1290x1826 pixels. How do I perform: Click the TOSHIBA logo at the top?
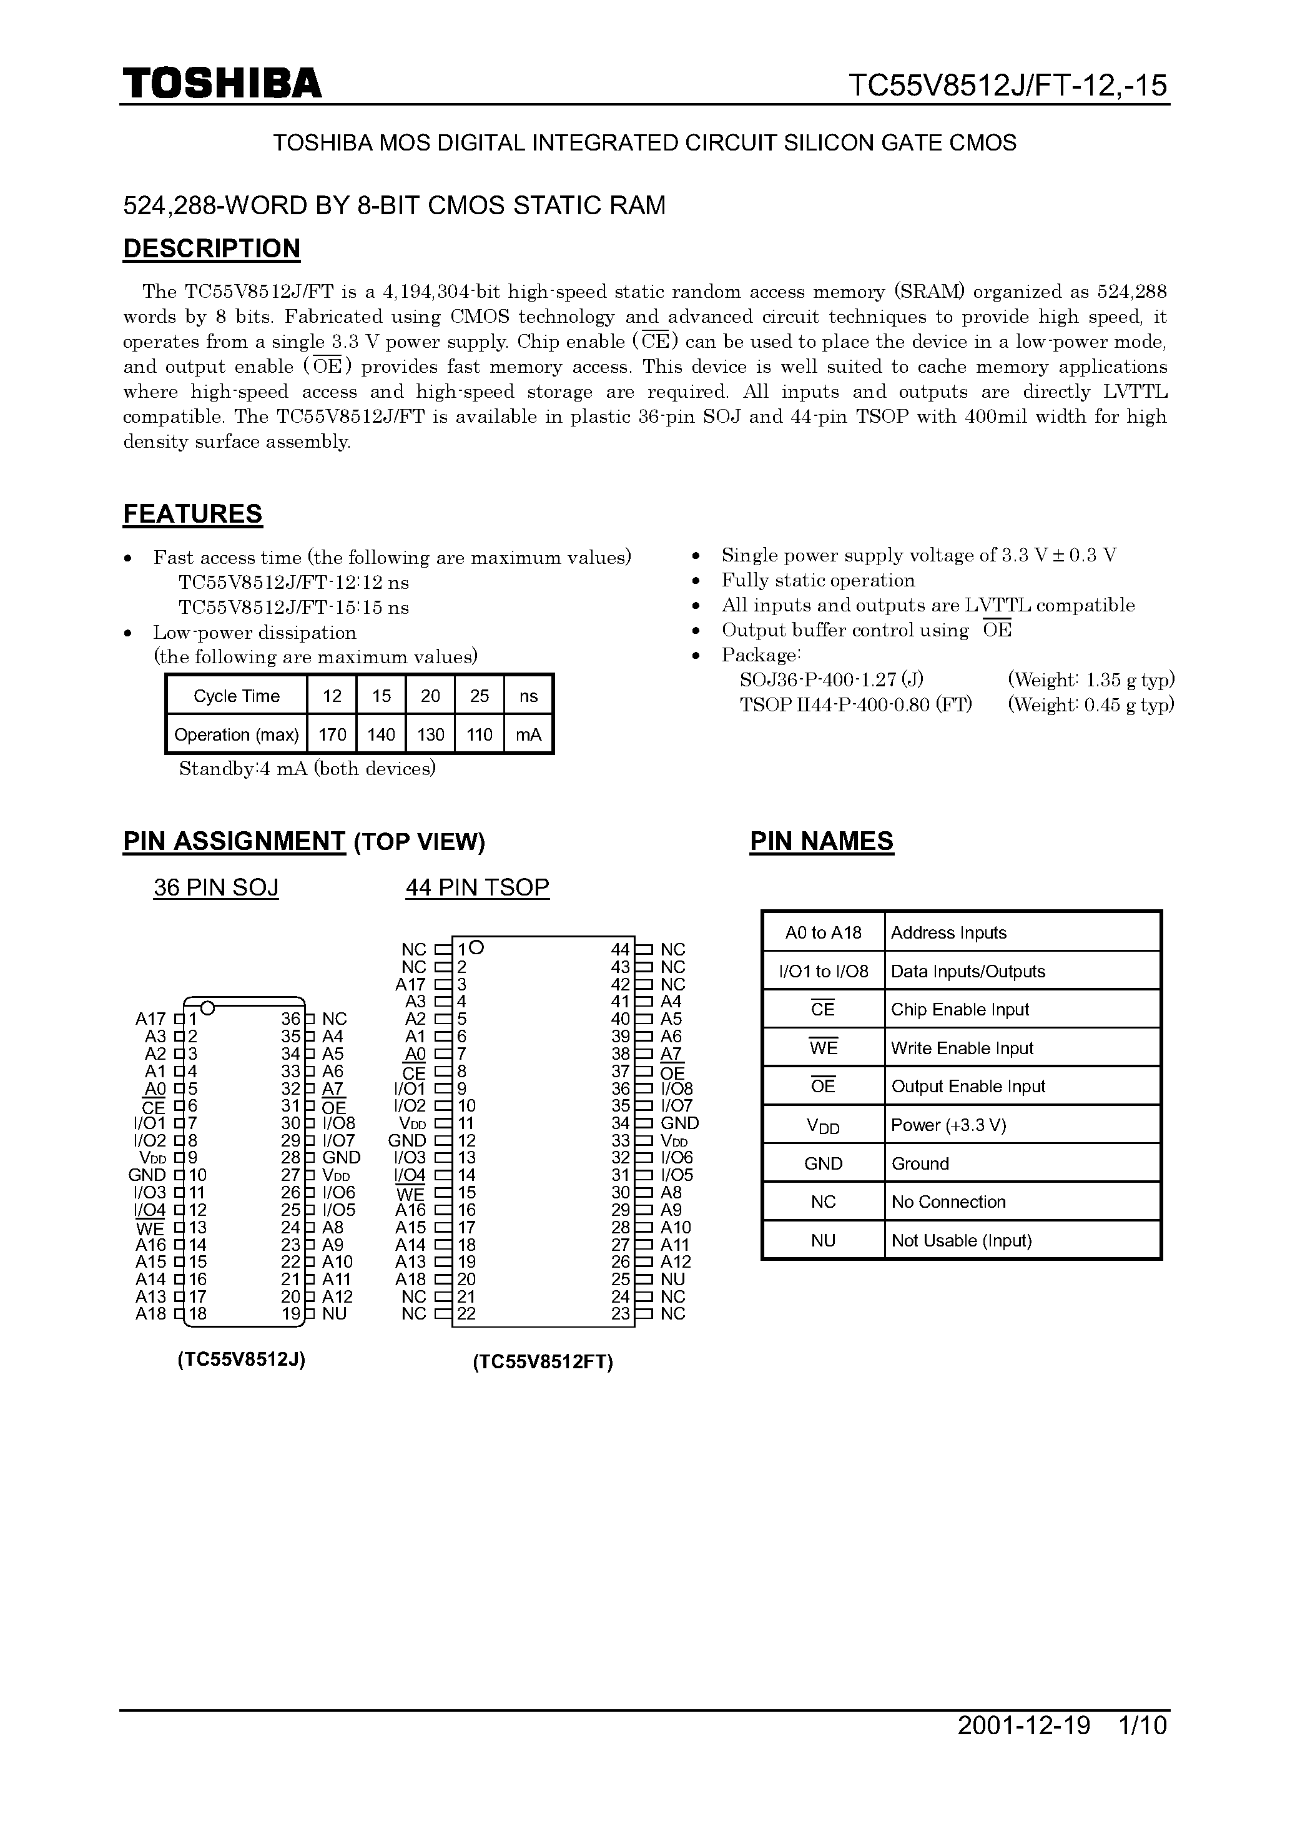point(222,82)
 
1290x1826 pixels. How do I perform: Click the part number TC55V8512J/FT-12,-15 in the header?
point(1007,85)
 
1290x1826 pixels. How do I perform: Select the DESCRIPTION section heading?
point(212,249)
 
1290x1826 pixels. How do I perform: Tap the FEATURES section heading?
point(192,515)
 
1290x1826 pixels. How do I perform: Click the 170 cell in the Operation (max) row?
point(332,735)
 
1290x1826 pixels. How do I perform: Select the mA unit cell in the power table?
point(528,735)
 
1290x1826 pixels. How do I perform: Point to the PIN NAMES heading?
point(822,841)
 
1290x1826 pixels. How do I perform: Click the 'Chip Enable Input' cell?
point(959,1009)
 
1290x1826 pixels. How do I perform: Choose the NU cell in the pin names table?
point(823,1241)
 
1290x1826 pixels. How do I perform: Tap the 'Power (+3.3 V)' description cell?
point(948,1125)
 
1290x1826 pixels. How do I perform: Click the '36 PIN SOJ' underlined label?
point(215,887)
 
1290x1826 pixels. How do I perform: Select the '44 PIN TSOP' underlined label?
point(477,887)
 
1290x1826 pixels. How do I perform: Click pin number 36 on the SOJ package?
point(291,1019)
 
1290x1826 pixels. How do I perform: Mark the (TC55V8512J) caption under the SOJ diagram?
point(242,1360)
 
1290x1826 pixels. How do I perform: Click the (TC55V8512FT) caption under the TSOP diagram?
point(543,1363)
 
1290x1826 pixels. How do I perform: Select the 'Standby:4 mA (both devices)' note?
point(307,769)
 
